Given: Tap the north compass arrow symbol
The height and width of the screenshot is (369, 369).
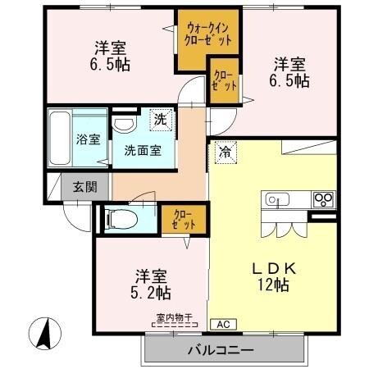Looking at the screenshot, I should click(47, 332).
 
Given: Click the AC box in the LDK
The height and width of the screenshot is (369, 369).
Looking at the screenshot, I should click(222, 324).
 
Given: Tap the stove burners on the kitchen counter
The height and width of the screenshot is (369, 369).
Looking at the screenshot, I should click(323, 199).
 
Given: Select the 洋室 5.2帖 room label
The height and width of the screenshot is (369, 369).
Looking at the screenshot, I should click(150, 283).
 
